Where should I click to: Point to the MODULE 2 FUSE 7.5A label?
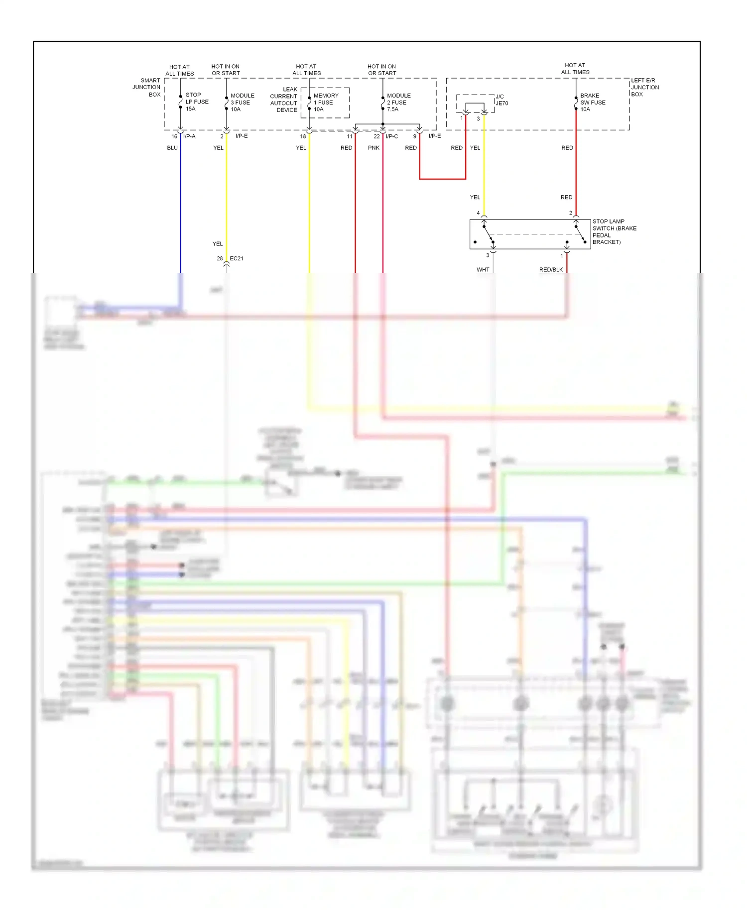tap(398, 102)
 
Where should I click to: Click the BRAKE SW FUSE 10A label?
tap(592, 102)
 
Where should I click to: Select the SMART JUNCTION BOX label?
tap(147, 87)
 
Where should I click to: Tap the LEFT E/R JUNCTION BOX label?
tap(644, 87)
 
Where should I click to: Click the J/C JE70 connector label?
tap(501, 100)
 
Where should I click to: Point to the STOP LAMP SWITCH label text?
tap(614, 231)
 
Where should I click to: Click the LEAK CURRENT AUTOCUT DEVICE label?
tap(284, 100)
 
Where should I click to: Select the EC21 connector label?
tap(237, 258)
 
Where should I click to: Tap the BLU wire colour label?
tap(172, 148)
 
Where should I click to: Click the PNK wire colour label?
tap(373, 148)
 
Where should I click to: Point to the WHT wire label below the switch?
tap(483, 270)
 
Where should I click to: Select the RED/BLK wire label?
tap(551, 270)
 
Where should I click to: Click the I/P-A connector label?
tap(189, 136)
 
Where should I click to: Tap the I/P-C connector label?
tap(392, 136)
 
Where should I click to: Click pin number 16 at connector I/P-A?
tap(174, 136)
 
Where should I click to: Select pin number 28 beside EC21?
tap(220, 258)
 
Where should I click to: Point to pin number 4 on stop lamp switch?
tap(478, 213)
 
